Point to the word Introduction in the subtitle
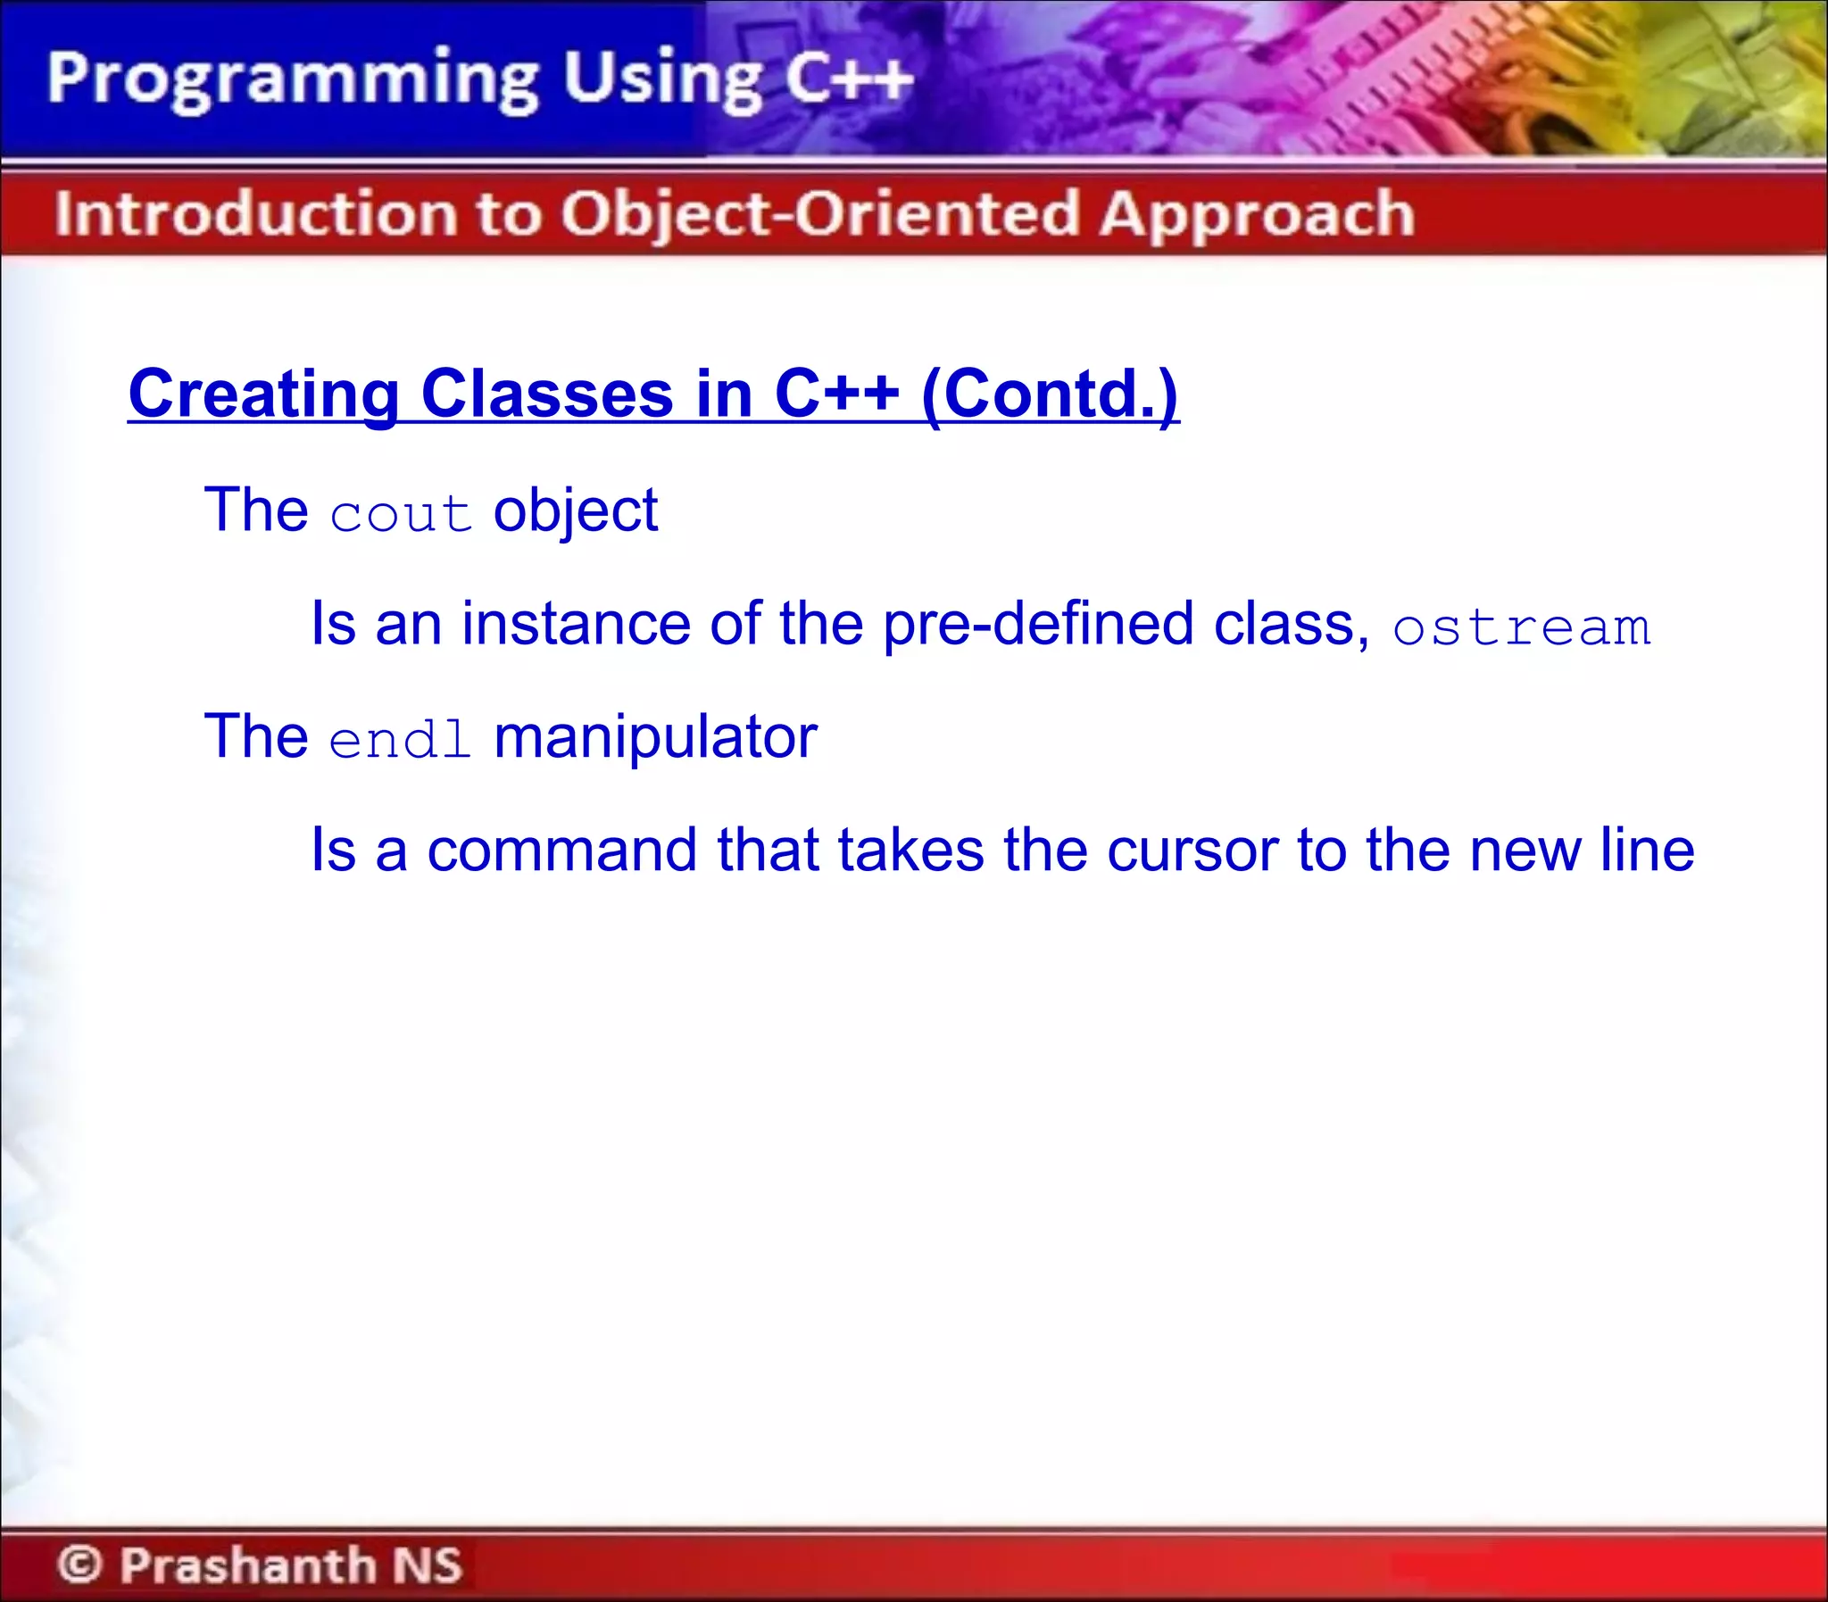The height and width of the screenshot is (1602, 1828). (x=255, y=214)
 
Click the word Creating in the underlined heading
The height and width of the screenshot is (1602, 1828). (x=262, y=394)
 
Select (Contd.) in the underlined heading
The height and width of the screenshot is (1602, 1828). (x=1050, y=394)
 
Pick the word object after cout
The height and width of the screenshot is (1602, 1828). (x=575, y=512)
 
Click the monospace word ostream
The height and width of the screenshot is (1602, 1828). (x=1520, y=627)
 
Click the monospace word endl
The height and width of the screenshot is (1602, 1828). (x=400, y=739)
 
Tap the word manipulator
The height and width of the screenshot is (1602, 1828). (x=655, y=737)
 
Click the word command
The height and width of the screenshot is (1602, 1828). (x=561, y=851)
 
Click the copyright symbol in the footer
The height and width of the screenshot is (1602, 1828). (x=80, y=1564)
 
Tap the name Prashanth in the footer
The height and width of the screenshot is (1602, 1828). (x=247, y=1564)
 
